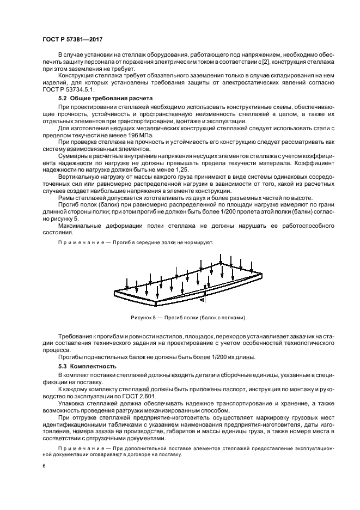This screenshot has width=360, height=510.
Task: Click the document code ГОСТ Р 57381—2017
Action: [72, 39]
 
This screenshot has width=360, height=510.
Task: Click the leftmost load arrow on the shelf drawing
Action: [127, 283]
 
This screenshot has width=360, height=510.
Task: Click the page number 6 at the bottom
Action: [44, 466]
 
